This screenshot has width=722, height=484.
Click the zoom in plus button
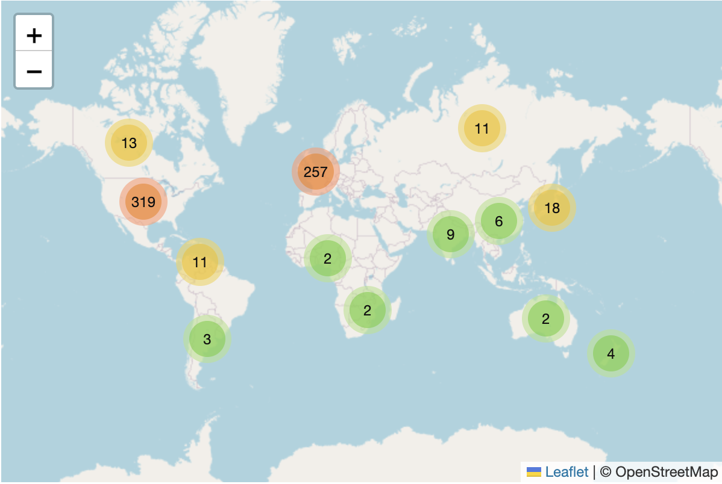click(x=34, y=36)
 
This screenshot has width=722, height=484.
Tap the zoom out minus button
click(x=34, y=71)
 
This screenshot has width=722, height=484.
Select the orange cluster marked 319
click(x=143, y=202)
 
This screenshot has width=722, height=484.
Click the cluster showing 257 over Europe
click(x=316, y=172)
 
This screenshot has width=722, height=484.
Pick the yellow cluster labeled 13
click(x=129, y=143)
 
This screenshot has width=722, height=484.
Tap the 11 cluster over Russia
click(x=482, y=128)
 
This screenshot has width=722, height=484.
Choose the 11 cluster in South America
click(x=200, y=262)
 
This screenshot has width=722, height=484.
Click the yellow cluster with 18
click(x=552, y=208)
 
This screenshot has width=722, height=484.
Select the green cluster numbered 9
click(x=451, y=234)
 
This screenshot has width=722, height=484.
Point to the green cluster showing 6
click(x=499, y=221)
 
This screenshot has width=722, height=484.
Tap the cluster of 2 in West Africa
click(x=327, y=259)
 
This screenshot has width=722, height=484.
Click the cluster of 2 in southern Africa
click(x=368, y=311)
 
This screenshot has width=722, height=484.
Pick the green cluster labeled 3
click(x=207, y=340)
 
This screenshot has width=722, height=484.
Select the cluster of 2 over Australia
click(x=546, y=319)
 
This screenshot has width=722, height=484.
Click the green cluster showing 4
click(x=611, y=354)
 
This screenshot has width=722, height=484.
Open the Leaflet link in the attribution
click(x=567, y=472)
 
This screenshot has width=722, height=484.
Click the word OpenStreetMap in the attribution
click(x=667, y=472)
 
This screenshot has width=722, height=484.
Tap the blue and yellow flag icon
click(x=533, y=472)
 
